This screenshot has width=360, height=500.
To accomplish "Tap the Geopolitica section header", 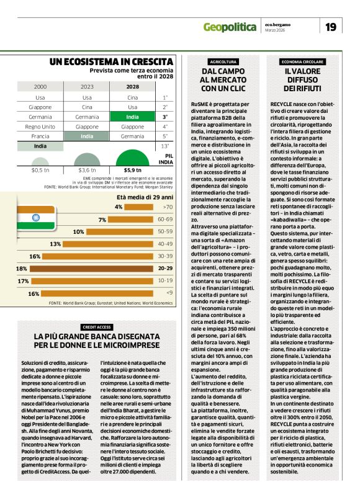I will pyautogui.click(x=230, y=27).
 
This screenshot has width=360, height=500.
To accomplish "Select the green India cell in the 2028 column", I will pyautogui.click(x=132, y=116).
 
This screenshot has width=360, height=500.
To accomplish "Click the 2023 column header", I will pyautogui.click(x=87, y=87).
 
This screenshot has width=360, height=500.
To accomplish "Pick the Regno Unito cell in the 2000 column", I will pyautogui.click(x=40, y=126).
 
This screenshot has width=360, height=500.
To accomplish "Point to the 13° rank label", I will pyautogui.click(x=165, y=146).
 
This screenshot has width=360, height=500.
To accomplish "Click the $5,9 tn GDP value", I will pyautogui.click(x=132, y=169).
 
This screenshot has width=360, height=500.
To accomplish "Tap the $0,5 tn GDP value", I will pyautogui.click(x=40, y=169).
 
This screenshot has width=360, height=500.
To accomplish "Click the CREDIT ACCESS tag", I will pyautogui.click(x=96, y=327).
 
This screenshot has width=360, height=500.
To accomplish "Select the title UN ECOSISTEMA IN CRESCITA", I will pyautogui.click(x=111, y=61).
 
